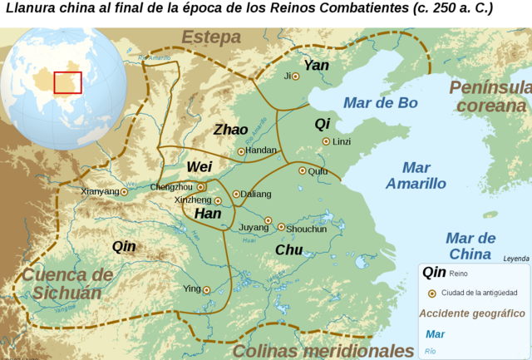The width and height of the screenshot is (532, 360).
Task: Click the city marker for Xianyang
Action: tap(125, 192)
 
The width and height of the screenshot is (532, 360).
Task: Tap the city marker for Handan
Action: tap(241, 151)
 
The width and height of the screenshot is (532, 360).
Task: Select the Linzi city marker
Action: tap(326, 141)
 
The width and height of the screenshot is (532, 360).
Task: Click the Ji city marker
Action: tap(295, 76)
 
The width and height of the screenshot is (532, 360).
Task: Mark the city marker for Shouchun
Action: tap(281, 227)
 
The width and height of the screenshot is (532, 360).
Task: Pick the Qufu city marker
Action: tap(302, 170)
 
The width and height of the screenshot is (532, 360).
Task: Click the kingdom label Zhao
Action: tap(230, 130)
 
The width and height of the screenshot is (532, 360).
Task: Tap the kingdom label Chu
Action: tap(288, 249)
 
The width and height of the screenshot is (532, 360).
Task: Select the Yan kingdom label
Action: tap(317, 65)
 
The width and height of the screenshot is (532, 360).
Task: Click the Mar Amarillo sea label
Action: tap(416, 175)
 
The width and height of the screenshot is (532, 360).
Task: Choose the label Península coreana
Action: tap(490, 97)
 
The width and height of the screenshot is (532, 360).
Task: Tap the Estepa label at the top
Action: tap(211, 37)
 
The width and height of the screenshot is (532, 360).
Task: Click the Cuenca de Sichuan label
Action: tap(67, 283)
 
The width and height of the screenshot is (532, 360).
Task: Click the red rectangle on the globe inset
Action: tap(67, 83)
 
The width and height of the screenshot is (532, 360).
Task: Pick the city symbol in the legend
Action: tap(431, 293)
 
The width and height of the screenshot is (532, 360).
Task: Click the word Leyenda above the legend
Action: tap(515, 259)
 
